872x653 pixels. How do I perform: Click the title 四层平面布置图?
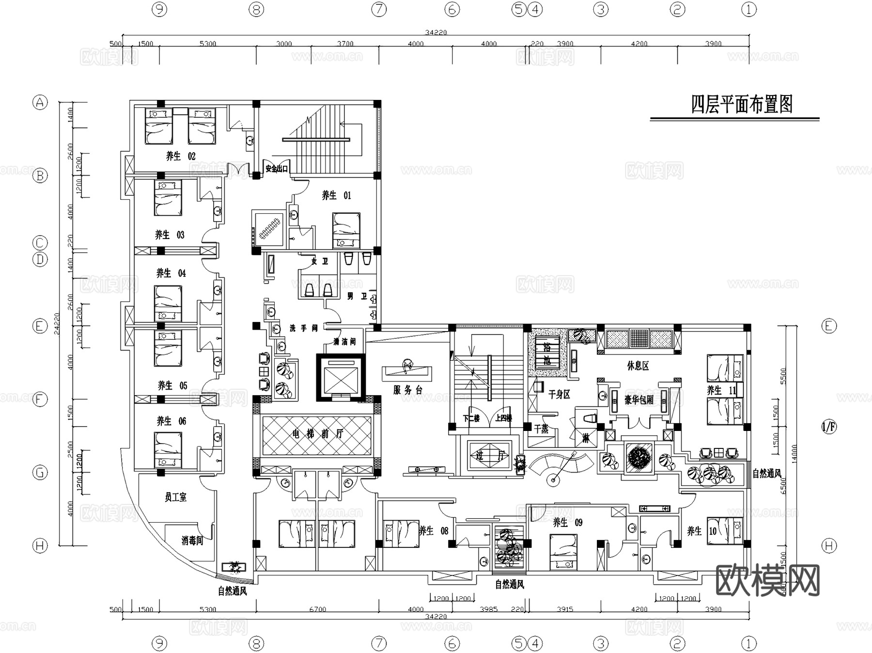741,105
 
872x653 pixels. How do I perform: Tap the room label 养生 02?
181,156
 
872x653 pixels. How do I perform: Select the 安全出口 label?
277,169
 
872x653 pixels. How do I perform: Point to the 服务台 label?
408,390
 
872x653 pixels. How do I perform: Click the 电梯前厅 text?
317,434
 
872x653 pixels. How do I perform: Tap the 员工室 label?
175,497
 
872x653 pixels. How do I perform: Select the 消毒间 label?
192,541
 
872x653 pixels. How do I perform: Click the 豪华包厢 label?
639,400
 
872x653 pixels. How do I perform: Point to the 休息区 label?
638,366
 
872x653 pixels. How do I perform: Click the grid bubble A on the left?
40,102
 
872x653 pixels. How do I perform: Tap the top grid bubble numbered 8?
256,9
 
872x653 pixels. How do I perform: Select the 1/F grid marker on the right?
829,427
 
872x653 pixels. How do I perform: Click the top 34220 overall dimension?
436,32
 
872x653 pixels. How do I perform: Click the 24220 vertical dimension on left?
56,323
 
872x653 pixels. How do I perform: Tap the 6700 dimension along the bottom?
317,609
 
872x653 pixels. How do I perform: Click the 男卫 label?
357,296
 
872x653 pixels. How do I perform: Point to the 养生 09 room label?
568,523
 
